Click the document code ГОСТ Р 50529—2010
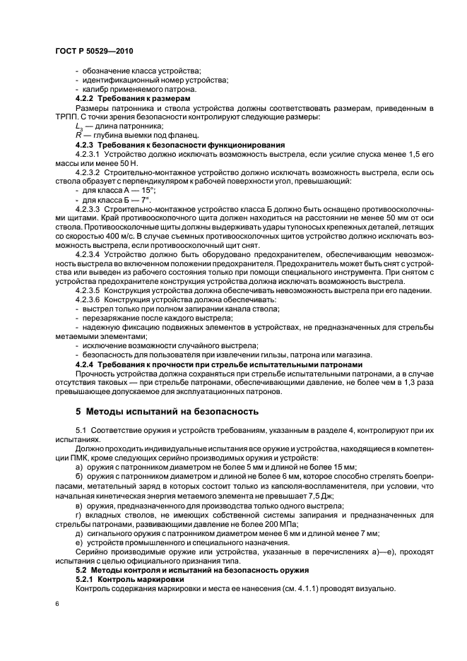pyautogui.click(x=94, y=52)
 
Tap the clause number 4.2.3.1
pyautogui.click(x=88, y=153)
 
